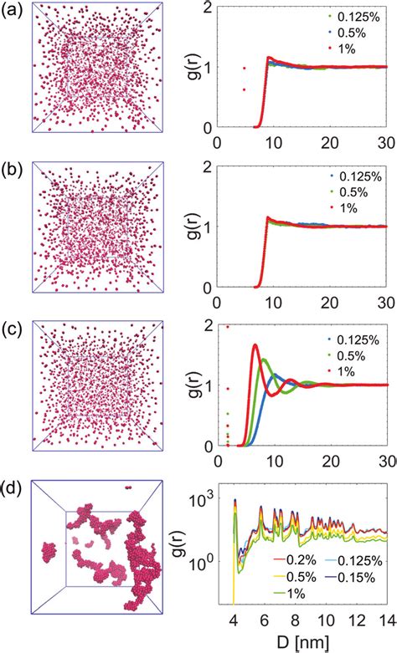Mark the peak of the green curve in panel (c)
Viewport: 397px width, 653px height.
265,360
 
